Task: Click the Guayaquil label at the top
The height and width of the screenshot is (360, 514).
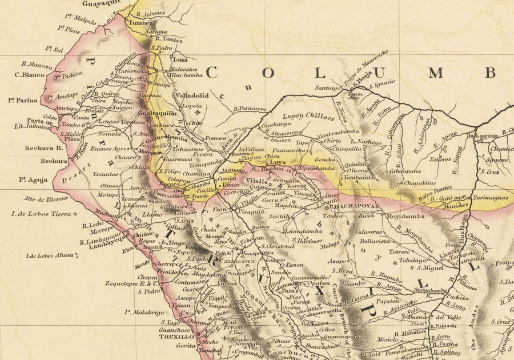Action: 102,3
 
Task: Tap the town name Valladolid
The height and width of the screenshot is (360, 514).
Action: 192,95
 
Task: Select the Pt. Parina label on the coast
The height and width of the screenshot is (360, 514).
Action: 23,100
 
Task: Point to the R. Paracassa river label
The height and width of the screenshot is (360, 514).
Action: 250,108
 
